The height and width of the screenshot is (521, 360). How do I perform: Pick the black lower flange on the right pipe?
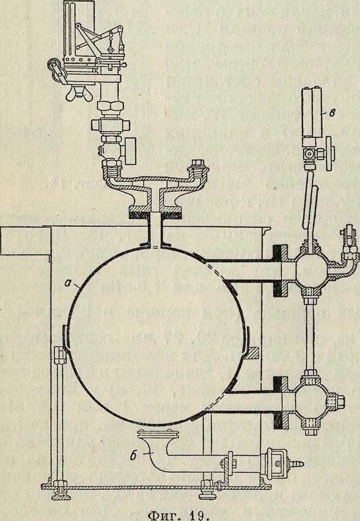pyautogui.click(x=279, y=401)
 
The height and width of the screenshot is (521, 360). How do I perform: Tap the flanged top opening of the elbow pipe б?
pyautogui.click(x=155, y=434)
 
